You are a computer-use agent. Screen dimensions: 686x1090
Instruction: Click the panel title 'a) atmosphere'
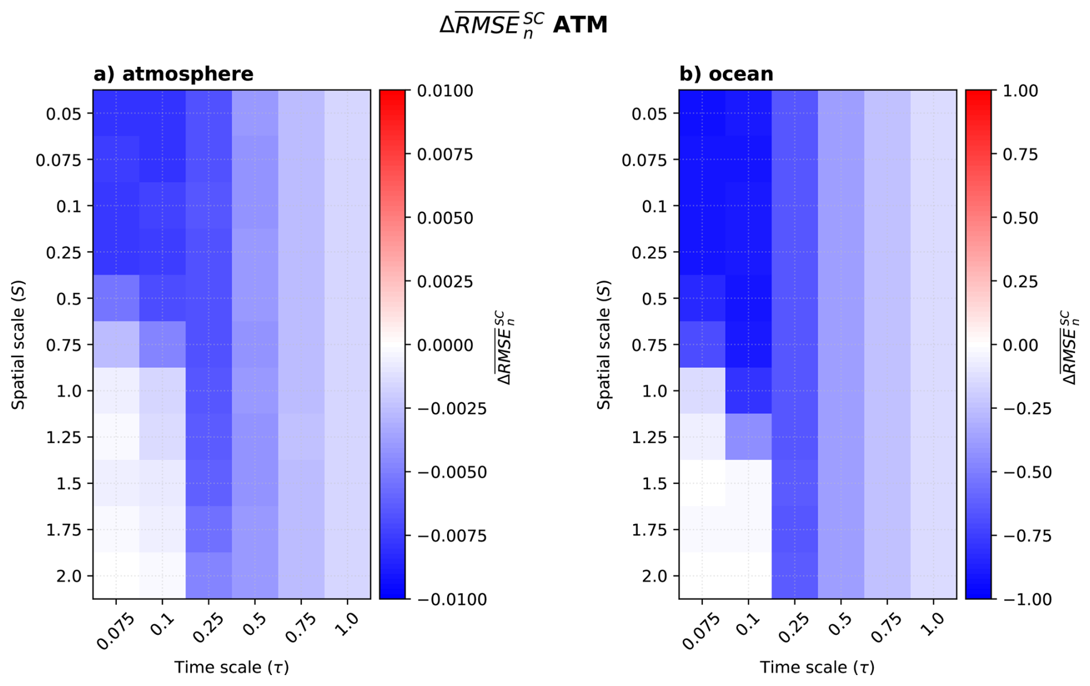click(173, 74)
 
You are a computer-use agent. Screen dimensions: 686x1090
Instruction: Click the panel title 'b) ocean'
click(726, 74)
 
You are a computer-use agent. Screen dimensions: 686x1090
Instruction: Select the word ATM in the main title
click(580, 25)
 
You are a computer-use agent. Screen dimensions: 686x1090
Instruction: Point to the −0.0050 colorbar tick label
click(451, 472)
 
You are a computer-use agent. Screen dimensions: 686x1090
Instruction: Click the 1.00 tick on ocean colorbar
click(1021, 91)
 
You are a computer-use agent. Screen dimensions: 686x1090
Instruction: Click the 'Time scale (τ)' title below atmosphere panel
click(232, 668)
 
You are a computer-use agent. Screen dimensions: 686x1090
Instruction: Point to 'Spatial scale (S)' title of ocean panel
click(604, 345)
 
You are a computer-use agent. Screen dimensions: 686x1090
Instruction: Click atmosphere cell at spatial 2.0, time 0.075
click(116, 576)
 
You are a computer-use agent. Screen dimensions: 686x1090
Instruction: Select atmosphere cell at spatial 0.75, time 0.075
click(116, 344)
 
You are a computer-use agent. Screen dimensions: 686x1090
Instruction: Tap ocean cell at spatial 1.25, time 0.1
click(748, 437)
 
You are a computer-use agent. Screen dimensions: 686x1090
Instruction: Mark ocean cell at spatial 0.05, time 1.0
click(933, 113)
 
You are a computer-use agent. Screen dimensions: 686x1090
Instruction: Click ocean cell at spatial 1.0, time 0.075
click(702, 391)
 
